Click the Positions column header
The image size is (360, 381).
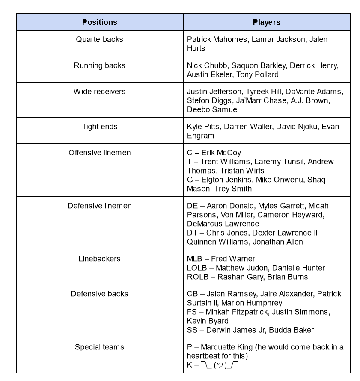click(x=99, y=22)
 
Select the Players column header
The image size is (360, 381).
click(x=266, y=22)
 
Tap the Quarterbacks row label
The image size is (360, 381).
click(x=99, y=39)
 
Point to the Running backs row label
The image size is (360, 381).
click(x=99, y=65)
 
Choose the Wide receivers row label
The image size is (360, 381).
click(x=99, y=92)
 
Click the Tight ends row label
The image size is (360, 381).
click(x=99, y=127)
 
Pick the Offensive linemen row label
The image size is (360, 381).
click(x=99, y=153)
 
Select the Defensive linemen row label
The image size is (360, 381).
click(x=99, y=206)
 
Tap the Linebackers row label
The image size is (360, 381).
click(x=99, y=259)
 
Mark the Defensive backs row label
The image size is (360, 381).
click(x=99, y=294)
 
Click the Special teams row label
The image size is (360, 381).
click(x=99, y=347)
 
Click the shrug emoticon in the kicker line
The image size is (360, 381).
click(x=219, y=365)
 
